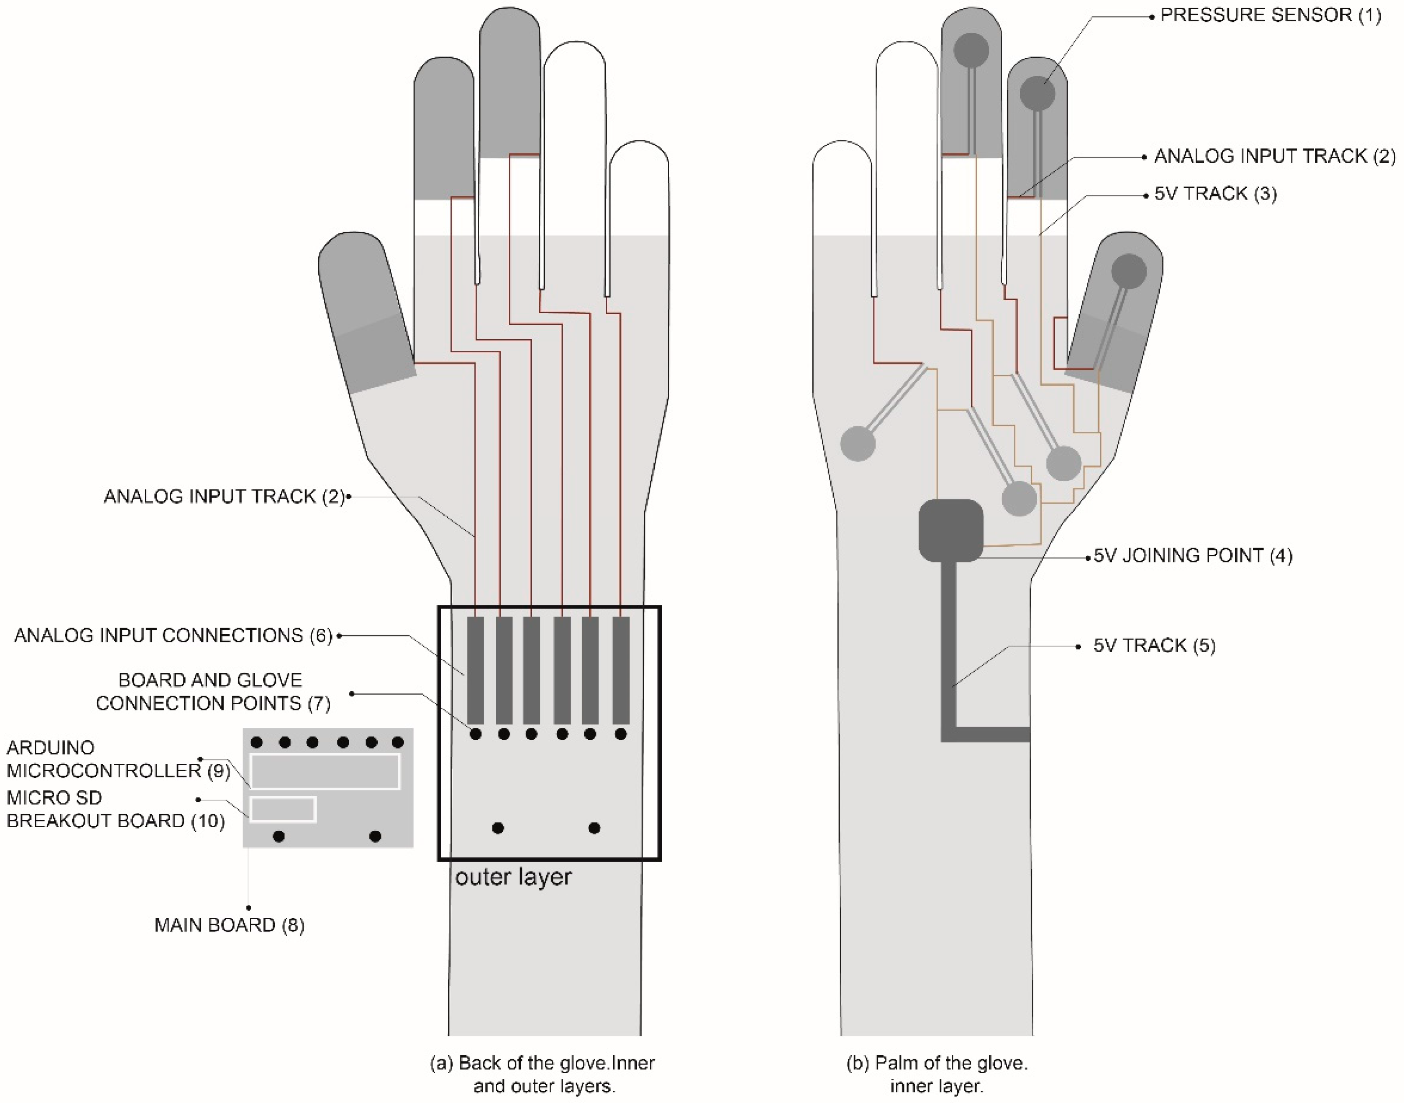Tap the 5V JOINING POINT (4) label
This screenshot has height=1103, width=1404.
(x=1193, y=556)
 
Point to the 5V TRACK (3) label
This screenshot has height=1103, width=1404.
(x=1215, y=194)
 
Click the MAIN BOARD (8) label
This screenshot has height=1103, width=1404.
(x=229, y=925)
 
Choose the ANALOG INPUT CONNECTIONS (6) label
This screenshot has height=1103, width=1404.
(x=173, y=636)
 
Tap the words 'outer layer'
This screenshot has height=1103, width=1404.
(x=513, y=877)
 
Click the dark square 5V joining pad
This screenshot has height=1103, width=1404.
(x=951, y=530)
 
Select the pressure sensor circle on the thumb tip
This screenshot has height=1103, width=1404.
(x=1128, y=271)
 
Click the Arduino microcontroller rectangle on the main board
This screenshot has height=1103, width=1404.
(x=325, y=771)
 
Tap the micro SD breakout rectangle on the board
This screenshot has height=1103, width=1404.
(x=283, y=809)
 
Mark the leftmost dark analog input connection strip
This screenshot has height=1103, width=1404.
(x=475, y=670)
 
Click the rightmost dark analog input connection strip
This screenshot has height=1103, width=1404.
(x=621, y=670)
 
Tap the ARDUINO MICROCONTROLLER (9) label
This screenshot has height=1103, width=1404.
(x=118, y=759)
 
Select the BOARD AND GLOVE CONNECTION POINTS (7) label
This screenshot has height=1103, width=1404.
(x=212, y=692)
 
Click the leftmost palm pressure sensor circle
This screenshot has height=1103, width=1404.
(x=858, y=444)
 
